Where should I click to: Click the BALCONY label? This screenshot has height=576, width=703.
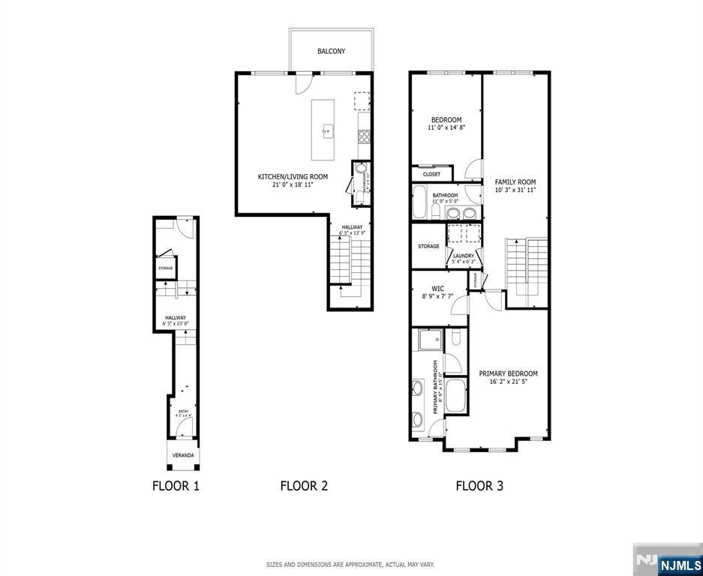[x=331, y=51]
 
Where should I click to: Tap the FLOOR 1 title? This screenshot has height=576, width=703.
[x=176, y=486]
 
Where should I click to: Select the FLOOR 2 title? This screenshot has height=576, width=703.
[x=304, y=486]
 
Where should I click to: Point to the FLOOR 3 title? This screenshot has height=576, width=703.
[x=479, y=486]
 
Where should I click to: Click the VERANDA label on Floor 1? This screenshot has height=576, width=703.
[x=183, y=455]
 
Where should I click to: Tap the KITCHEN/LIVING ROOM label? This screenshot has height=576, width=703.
[x=282, y=177]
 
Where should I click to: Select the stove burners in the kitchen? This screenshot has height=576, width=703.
[x=364, y=136]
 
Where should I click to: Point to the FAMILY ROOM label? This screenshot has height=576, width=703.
[x=515, y=181]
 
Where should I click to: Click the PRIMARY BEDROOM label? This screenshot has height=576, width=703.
[x=508, y=373]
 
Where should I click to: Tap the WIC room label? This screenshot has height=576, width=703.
[x=437, y=288]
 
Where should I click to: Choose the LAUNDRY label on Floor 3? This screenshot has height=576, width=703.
[x=463, y=256]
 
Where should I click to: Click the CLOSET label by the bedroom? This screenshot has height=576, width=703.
[x=431, y=174]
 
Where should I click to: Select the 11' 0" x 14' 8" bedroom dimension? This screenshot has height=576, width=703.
[x=446, y=128]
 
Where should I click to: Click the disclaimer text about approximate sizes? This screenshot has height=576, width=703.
[x=350, y=564]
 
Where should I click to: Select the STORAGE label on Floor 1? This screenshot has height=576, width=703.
[x=165, y=268]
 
